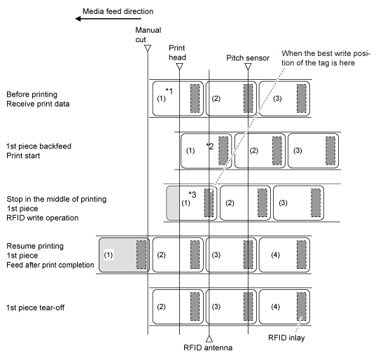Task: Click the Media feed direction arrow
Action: pos(108,19)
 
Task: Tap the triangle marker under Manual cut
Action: pos(148,48)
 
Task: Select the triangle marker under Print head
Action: pos(180,67)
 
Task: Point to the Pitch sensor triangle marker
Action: pos(248,67)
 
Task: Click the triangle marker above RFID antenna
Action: pos(209,338)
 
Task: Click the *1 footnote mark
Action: pos(169,91)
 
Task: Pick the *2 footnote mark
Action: pos(210,146)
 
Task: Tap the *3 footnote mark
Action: pos(192,194)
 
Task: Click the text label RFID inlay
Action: pos(286,338)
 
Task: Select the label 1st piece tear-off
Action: pos(36,307)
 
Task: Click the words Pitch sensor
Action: pos(248,58)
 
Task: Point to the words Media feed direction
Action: pos(118,11)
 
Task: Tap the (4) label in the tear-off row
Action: pos(275,307)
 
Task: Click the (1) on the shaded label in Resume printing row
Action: pos(108,255)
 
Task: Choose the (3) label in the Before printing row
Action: pos(277,98)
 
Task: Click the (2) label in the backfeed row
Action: pos(254,151)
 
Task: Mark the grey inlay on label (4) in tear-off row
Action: pos(302,307)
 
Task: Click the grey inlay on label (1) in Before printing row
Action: pos(195,98)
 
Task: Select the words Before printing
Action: pos(31,95)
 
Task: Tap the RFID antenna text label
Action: pos(208,347)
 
